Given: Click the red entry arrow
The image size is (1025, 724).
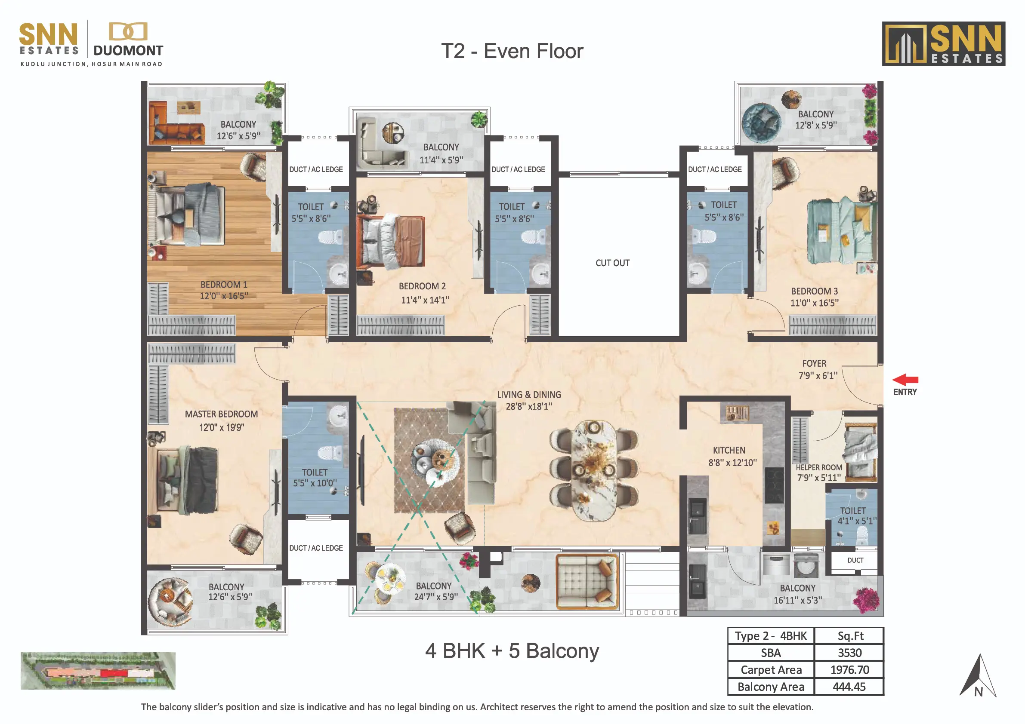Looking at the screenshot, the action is click(905, 380).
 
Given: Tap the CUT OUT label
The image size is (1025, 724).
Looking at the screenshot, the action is click(612, 263).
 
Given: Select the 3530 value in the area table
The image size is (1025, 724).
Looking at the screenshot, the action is click(849, 653).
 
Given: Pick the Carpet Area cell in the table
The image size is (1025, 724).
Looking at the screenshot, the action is click(771, 669).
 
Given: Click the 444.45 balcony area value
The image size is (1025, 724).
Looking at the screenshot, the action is click(849, 687).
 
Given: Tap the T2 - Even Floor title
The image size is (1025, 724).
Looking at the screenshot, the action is click(512, 51).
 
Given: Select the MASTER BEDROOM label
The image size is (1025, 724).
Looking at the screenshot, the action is click(222, 414).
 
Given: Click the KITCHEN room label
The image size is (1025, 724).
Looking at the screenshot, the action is click(729, 450).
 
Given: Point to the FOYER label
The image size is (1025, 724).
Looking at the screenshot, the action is click(814, 364).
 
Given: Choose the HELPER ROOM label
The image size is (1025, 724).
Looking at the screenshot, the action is click(819, 467).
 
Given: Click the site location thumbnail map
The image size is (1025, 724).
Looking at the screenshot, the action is click(98, 671).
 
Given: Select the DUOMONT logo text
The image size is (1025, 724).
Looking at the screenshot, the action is click(128, 50).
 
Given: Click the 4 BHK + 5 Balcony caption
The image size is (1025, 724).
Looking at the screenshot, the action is click(512, 651).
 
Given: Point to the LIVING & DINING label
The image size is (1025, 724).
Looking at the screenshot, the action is click(529, 395).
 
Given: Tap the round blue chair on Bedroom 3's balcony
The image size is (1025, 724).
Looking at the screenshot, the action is click(761, 123).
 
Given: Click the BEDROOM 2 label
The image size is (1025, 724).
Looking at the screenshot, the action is click(422, 286).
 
